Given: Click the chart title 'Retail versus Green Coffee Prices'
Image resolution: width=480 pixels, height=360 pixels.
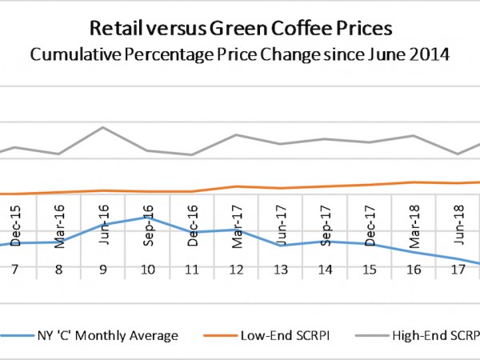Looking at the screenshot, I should pos(239,30).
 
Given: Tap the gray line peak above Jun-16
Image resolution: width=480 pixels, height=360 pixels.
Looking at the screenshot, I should pos(103,127).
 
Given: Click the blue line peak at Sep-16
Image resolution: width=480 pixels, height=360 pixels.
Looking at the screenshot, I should pos(148,218).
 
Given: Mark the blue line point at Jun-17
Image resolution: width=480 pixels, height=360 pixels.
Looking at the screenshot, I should pos(281,245).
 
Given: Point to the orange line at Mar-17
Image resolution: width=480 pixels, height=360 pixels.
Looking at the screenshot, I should pos(237,186).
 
